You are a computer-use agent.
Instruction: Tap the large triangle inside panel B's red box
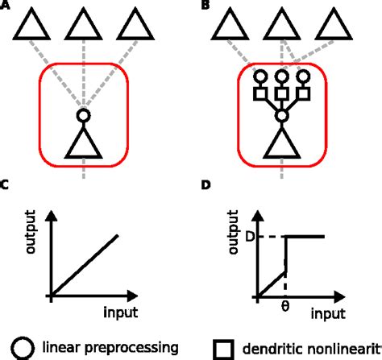point(282,144)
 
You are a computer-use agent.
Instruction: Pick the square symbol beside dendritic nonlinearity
point(223,349)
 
